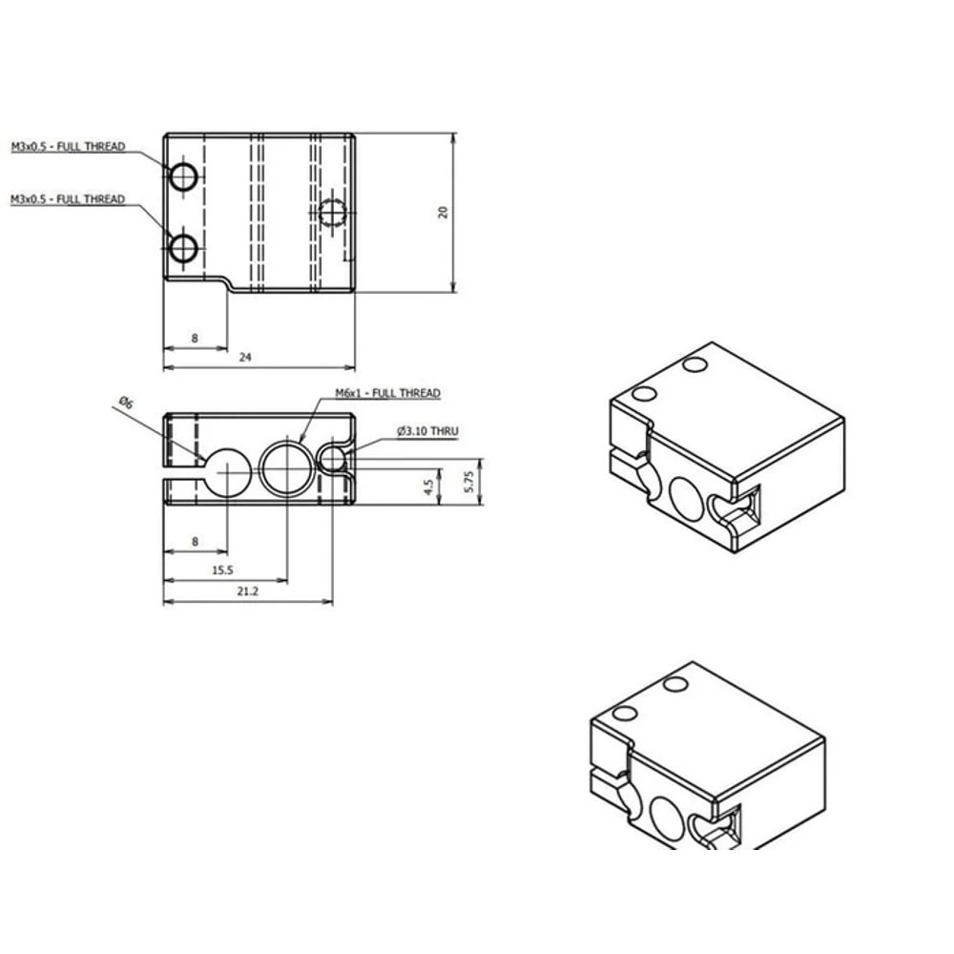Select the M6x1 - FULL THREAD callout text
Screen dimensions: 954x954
(387, 393)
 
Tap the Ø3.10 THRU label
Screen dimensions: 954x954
(427, 432)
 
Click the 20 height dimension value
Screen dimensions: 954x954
(443, 212)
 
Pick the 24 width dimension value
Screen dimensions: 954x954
(245, 357)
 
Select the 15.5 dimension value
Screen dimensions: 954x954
(221, 570)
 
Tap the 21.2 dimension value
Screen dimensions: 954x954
(246, 591)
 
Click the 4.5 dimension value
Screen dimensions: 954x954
(429, 486)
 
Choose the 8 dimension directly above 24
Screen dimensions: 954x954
(195, 338)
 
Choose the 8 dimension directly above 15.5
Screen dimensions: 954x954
(195, 541)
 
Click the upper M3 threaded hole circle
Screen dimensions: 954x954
(183, 176)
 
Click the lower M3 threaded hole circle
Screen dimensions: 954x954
(183, 249)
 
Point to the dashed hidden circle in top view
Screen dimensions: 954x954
(331, 212)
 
